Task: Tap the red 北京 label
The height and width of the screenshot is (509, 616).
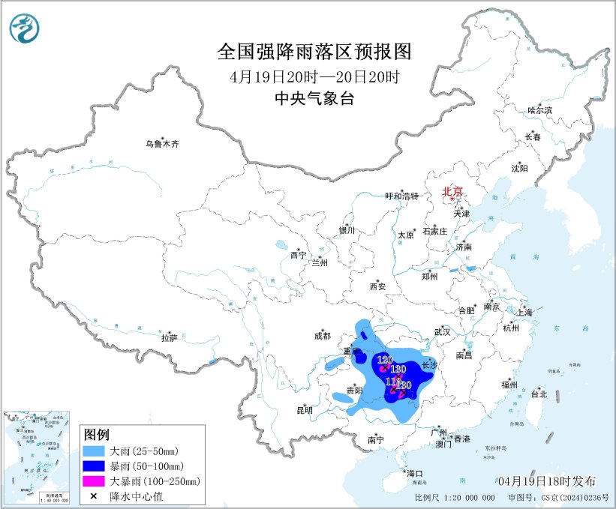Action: coord(452,191)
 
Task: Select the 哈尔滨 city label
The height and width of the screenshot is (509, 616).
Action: coord(539,110)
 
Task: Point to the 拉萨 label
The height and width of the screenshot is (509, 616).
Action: coord(169,338)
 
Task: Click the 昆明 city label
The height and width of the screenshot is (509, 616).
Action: coord(305,410)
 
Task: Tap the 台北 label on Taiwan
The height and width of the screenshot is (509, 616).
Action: coord(539,394)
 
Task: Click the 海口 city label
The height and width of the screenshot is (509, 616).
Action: coord(415,473)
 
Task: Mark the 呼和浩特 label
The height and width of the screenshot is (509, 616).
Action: coord(401,196)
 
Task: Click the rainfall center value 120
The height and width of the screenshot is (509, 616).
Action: coord(385,361)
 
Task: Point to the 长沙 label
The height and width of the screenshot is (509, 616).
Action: coord(429,366)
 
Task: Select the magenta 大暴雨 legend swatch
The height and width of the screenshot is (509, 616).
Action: coord(95,481)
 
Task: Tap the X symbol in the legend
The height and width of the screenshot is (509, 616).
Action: coord(95,495)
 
